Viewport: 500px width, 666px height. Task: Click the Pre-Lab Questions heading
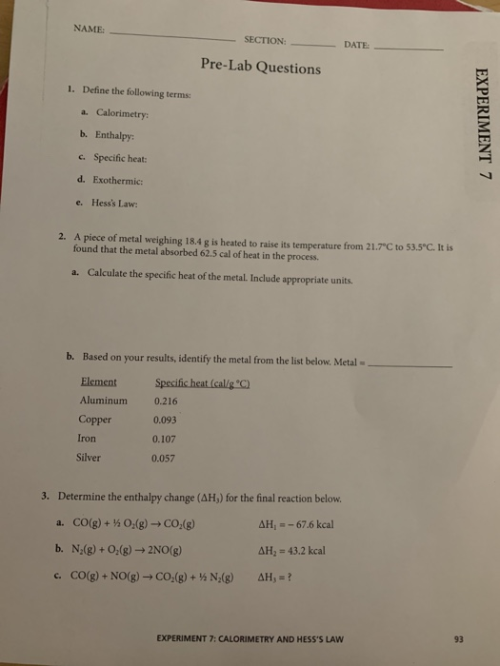(260, 68)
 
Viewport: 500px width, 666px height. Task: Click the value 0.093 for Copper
(166, 420)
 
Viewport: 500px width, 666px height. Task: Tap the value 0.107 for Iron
(166, 438)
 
